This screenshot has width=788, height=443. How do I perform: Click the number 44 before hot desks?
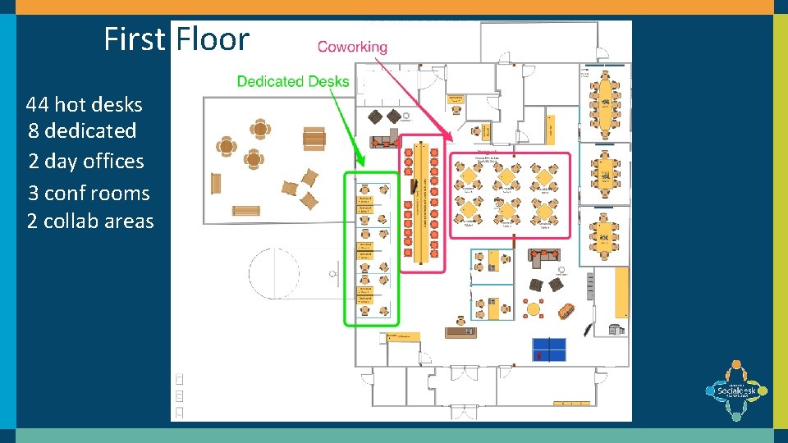coord(37,105)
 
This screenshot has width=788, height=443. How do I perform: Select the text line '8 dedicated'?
coord(82,130)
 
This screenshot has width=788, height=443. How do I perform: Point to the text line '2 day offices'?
coord(85,162)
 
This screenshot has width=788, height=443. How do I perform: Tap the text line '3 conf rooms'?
coord(89,194)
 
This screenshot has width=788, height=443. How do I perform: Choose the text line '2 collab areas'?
coord(90,221)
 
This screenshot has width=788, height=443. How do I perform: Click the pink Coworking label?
coord(352,47)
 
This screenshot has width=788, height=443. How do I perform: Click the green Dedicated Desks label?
coord(293,81)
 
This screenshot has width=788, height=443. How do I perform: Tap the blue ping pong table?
coord(549,349)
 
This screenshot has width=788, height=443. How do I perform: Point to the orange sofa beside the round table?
coord(564,311)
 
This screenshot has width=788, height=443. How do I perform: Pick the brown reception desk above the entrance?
coord(460,331)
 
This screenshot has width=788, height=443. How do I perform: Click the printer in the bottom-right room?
coord(616,329)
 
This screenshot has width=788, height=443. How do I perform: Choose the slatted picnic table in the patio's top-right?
coord(314,139)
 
